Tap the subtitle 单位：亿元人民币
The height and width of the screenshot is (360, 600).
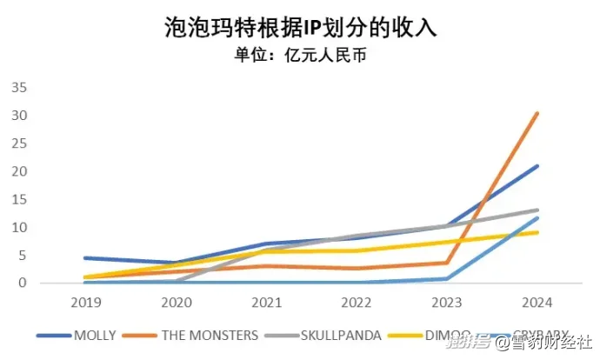(300, 57)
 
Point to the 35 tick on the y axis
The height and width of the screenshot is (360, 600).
(19, 88)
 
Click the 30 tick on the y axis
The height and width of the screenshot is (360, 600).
(19, 116)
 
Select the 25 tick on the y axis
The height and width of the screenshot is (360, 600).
(19, 143)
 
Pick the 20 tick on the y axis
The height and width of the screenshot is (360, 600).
(19, 171)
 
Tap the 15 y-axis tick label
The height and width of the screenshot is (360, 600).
(19, 199)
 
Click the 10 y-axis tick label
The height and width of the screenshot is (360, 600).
(19, 227)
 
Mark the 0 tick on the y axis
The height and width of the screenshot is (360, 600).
(23, 283)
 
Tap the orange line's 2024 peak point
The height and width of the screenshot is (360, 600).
(537, 113)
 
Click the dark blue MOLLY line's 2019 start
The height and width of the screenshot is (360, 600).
(84, 257)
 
